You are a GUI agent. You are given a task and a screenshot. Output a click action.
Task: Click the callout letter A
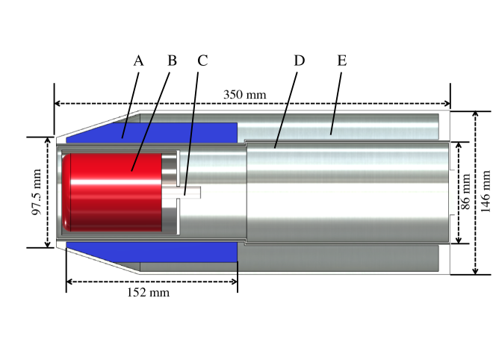(x=138, y=61)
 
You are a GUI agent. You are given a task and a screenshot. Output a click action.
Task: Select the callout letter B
(x=172, y=61)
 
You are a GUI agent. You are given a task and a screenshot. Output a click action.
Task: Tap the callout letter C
(x=202, y=61)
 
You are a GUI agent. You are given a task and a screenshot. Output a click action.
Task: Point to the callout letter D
(x=300, y=61)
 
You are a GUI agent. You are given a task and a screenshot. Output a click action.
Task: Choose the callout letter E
(x=341, y=61)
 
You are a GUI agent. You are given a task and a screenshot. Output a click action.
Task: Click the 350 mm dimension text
(x=244, y=95)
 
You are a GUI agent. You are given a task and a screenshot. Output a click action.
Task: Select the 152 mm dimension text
(x=149, y=292)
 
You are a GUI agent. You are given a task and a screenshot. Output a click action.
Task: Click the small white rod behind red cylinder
(x=190, y=193)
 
